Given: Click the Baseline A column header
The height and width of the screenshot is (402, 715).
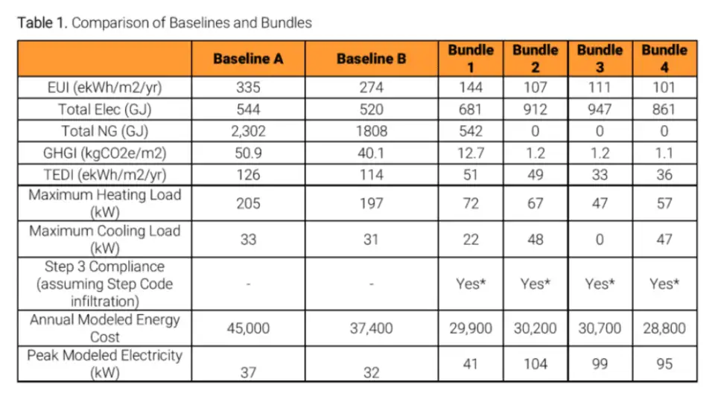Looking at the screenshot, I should coord(248,59).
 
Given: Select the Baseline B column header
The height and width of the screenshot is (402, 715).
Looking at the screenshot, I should coord(372,59).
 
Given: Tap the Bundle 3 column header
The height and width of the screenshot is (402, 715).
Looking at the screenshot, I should coord(600,59).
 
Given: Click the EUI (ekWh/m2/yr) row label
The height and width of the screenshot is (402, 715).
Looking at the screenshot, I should coord(104,88).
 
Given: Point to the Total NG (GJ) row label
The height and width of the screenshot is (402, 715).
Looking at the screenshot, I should coord(104,131).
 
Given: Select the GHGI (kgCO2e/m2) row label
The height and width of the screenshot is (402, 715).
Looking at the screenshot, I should coord(104,153).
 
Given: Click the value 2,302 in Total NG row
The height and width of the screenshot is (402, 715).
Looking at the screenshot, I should coord(248,131).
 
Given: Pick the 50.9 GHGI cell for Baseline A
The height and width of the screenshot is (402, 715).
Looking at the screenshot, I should coord(248,153).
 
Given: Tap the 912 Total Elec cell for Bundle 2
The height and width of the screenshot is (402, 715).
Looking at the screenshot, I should coord(535,109).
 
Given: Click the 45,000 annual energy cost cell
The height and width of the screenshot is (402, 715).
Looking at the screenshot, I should coord(248,328).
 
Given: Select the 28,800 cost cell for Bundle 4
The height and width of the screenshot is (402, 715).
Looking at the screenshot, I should coord(664,328).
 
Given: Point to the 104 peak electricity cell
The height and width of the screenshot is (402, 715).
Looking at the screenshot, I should coord(535,364).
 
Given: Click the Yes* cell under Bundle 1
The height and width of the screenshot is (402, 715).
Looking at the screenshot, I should coord(471,284).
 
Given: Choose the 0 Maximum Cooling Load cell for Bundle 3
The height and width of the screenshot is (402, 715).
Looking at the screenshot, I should coord(600,240).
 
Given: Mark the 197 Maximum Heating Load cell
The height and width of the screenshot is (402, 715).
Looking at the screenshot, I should coord(372,204).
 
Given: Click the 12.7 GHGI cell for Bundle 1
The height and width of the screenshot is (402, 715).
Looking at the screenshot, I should coord(471,153).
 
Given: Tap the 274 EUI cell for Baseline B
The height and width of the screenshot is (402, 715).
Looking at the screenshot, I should coord(372,88).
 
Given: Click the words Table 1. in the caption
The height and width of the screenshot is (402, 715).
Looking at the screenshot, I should coord(42,22).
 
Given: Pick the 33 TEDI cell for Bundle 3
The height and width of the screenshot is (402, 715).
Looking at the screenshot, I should coord(600,175).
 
